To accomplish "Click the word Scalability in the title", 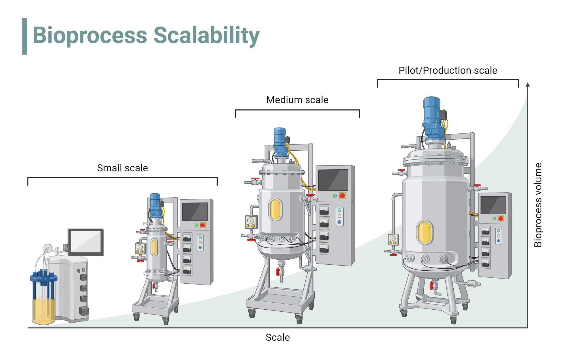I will pyautogui.click(x=206, y=35).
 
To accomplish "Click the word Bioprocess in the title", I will pyautogui.click(x=90, y=35).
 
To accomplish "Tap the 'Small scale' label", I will pyautogui.click(x=122, y=168).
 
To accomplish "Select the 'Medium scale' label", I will pyautogui.click(x=297, y=100).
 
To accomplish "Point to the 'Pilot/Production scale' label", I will pyautogui.click(x=448, y=70).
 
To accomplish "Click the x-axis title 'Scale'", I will pyautogui.click(x=278, y=337).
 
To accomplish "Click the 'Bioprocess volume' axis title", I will pyautogui.click(x=538, y=205).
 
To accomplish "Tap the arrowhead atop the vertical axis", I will pyautogui.click(x=528, y=85).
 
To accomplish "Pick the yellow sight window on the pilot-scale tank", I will pyautogui.click(x=424, y=232).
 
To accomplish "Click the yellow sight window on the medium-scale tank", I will pyautogui.click(x=275, y=209).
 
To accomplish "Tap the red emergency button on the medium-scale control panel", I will pyautogui.click(x=342, y=196).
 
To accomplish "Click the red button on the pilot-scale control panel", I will pyautogui.click(x=501, y=218).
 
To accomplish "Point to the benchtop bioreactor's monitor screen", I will pyautogui.click(x=85, y=242).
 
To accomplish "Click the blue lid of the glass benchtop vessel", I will pyautogui.click(x=44, y=278).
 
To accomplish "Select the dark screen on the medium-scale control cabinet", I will pyautogui.click(x=333, y=180).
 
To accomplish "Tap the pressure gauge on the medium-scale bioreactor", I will pyautogui.click(x=251, y=221).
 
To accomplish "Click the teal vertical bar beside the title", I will pyautogui.click(x=25, y=36).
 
